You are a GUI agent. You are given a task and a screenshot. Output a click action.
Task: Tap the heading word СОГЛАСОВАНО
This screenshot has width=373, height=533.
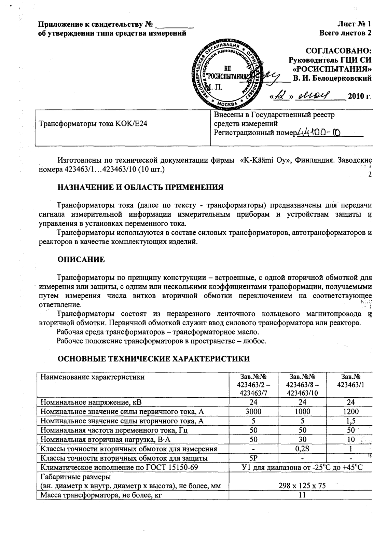pos(339,52)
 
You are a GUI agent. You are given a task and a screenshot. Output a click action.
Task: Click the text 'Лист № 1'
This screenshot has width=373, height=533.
pos(354,24)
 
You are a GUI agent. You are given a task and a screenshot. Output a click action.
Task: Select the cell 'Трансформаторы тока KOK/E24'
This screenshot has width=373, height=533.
pos(94,124)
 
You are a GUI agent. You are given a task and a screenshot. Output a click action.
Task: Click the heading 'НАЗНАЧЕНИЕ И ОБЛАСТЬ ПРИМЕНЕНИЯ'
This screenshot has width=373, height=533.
pos(140,187)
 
